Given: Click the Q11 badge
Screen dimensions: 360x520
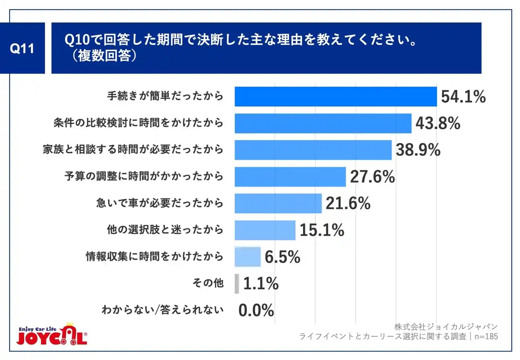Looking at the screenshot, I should point(22,48).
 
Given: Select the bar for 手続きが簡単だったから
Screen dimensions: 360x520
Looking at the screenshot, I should point(336,97).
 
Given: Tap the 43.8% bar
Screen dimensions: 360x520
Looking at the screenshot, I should point(323,123).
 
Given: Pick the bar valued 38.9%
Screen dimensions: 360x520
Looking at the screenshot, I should point(313,150).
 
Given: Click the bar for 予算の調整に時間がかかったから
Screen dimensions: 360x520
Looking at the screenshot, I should point(290,177).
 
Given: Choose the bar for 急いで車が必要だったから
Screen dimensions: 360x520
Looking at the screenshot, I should point(278,203).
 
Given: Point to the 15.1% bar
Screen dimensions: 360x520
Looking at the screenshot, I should point(265,230).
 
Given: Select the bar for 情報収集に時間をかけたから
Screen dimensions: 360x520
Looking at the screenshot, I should point(247,257).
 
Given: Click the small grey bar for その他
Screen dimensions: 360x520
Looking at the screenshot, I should point(237,284).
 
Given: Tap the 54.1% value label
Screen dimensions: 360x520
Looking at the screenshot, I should point(463,97).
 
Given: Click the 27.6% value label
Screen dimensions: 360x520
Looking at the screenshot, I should point(372,177).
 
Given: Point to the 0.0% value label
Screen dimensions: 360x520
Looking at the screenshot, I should point(256,311).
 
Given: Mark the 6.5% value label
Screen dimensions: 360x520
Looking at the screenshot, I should point(282,257).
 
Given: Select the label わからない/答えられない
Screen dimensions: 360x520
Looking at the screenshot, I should point(162,310).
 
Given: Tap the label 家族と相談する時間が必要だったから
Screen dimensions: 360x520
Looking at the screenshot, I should point(133,150).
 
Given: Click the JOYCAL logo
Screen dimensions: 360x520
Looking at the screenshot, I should point(52,334).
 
